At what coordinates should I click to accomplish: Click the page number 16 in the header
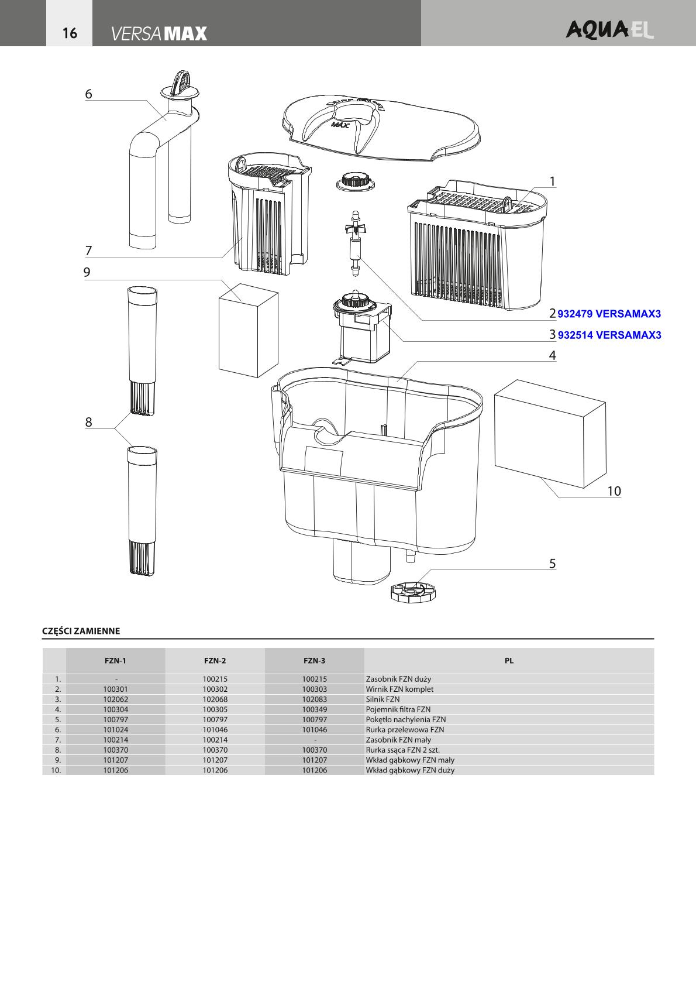pyautogui.click(x=70, y=33)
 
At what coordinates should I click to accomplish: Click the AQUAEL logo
pyautogui.click(x=609, y=30)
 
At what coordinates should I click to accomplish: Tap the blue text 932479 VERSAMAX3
pyautogui.click(x=609, y=314)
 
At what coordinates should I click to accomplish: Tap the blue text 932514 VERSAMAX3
pyautogui.click(x=609, y=335)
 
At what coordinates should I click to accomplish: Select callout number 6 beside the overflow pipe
pyautogui.click(x=89, y=94)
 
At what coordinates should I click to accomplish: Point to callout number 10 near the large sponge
pyautogui.click(x=614, y=491)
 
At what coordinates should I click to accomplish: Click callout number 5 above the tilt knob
pyautogui.click(x=552, y=564)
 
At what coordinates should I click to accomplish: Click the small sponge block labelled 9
pyautogui.click(x=247, y=332)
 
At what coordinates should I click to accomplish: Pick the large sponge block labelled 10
pyautogui.click(x=549, y=432)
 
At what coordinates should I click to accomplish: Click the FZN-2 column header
pyautogui.click(x=215, y=661)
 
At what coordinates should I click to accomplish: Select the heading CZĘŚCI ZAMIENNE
pyautogui.click(x=81, y=631)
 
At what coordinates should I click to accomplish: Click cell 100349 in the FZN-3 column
pyautogui.click(x=314, y=709)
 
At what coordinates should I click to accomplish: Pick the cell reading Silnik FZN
pyautogui.click(x=383, y=699)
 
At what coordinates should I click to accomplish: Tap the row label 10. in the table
pyautogui.click(x=56, y=770)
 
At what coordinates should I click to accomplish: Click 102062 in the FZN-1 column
pyautogui.click(x=115, y=699)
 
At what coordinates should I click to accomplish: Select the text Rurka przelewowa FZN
pyautogui.click(x=405, y=730)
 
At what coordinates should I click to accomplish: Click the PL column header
pyautogui.click(x=509, y=661)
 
